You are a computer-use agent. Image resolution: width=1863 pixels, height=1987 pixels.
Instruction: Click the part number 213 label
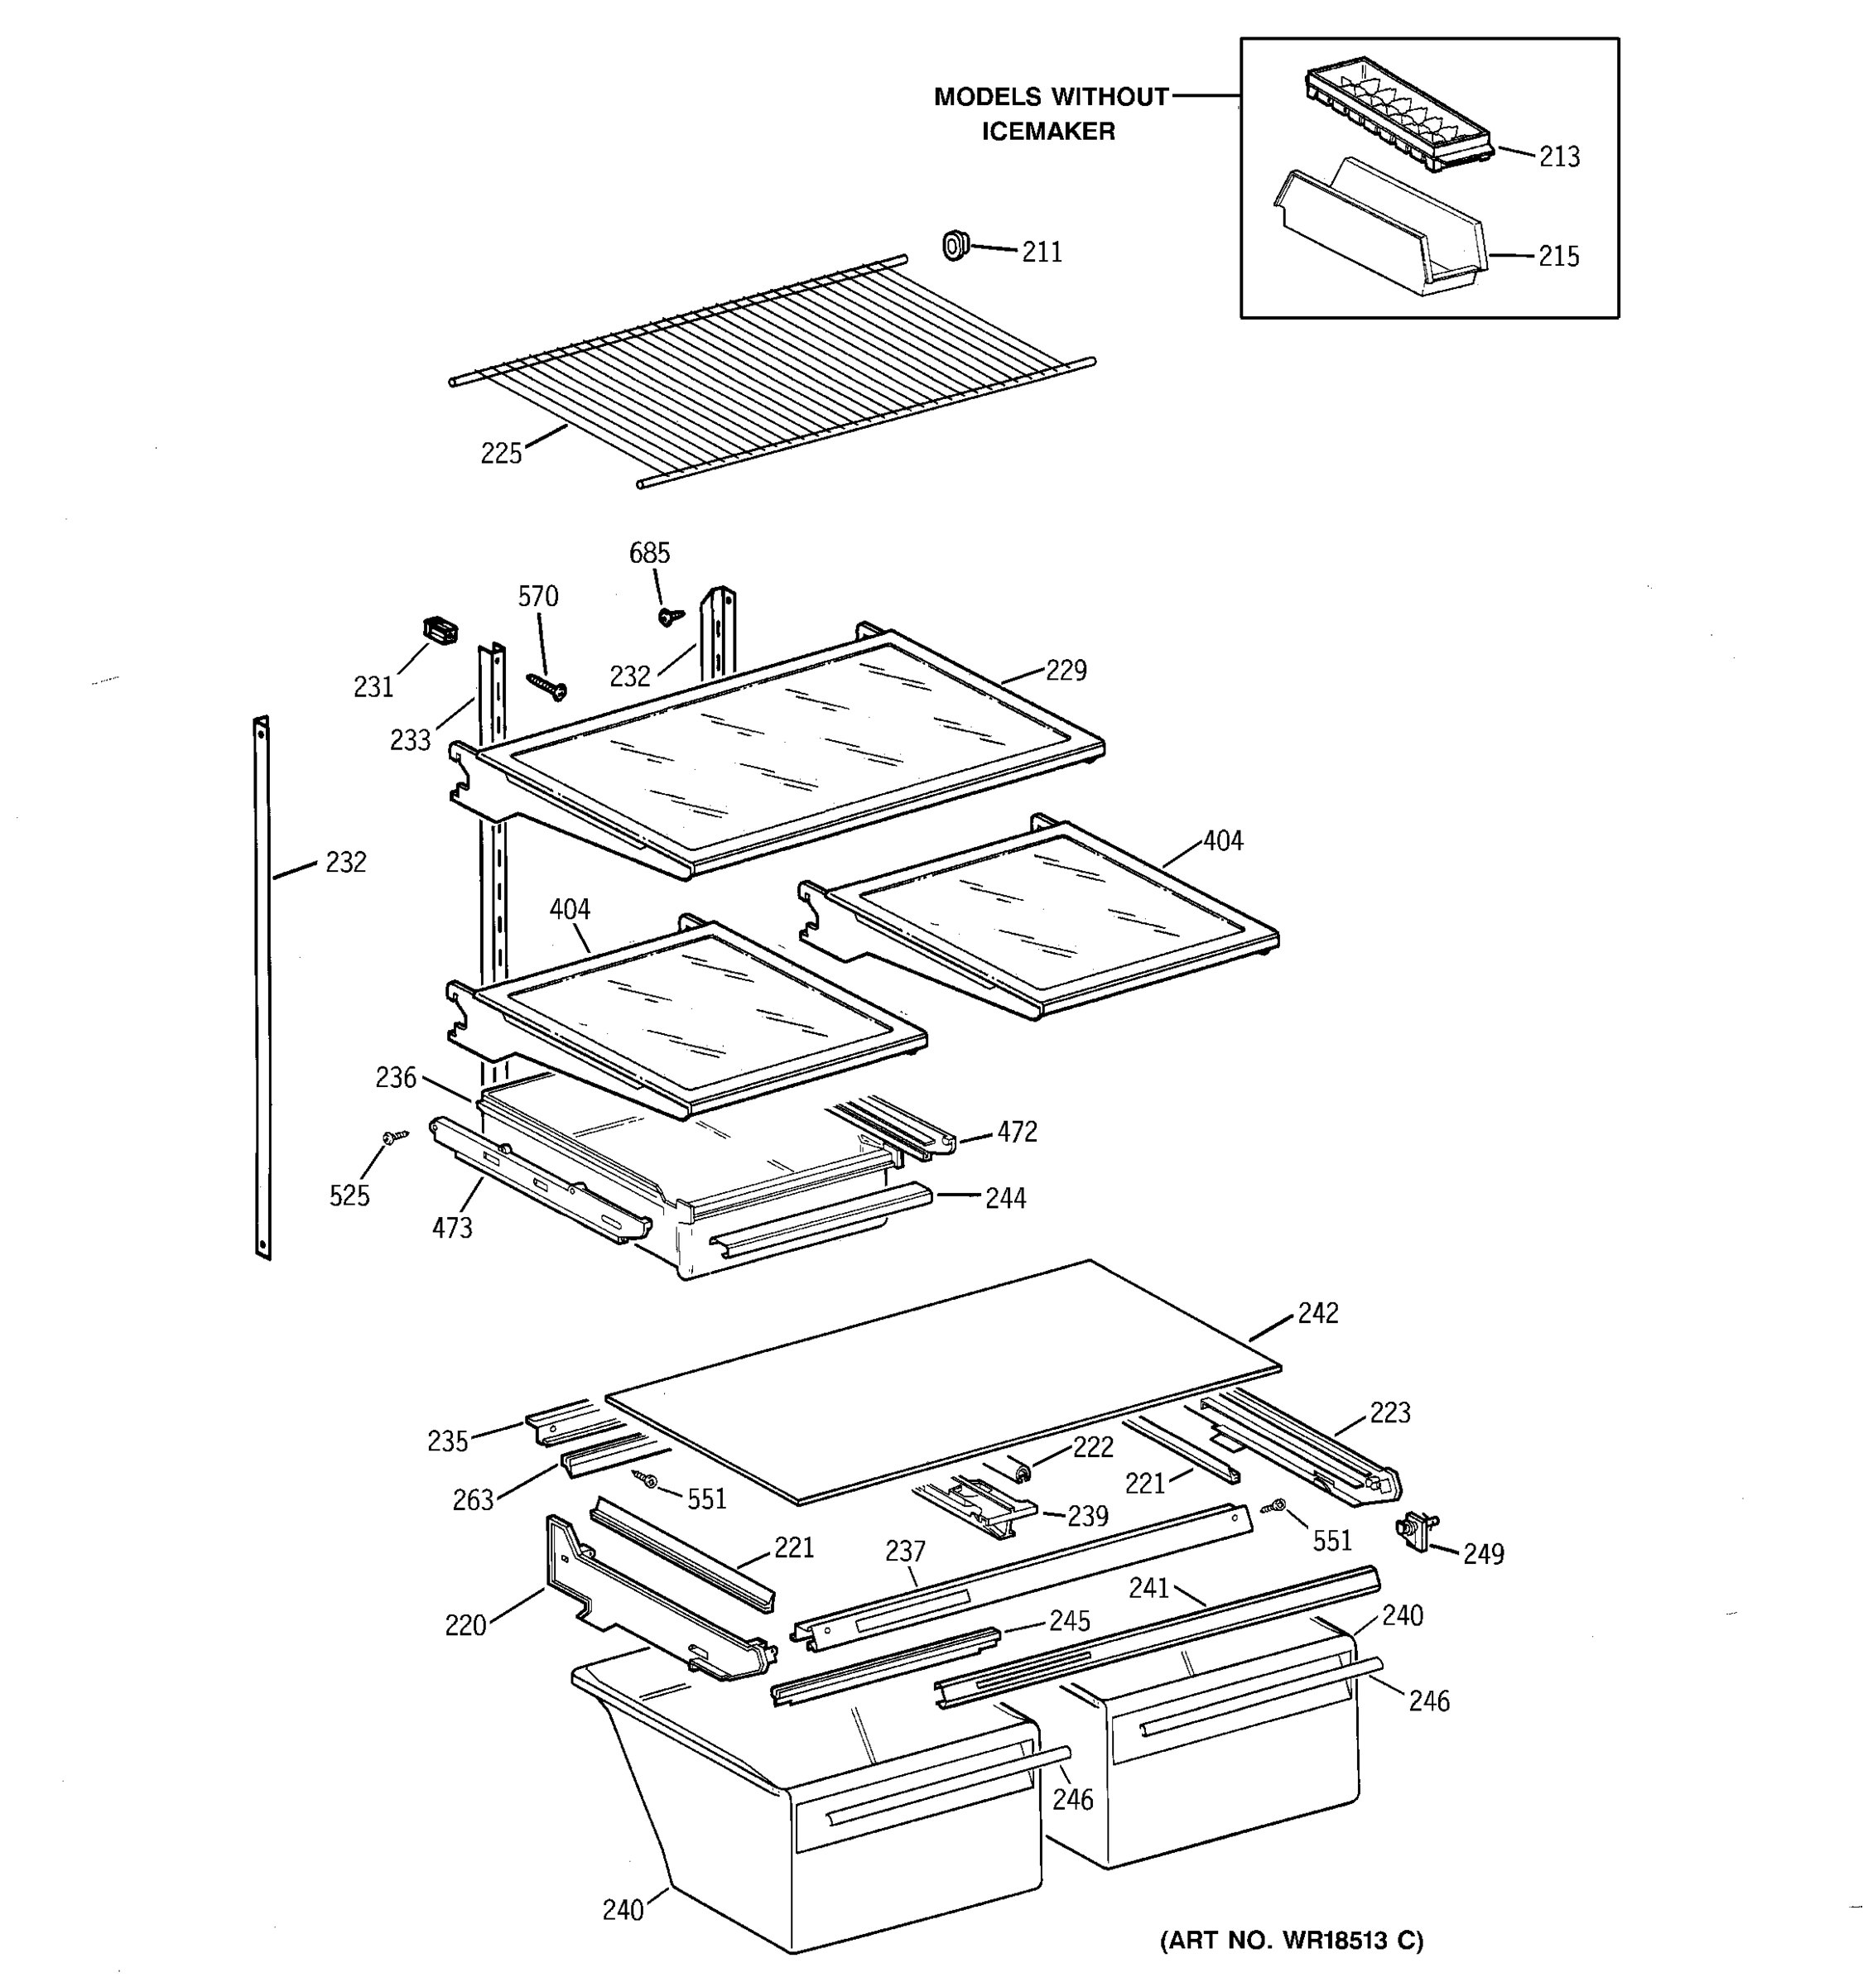pyautogui.click(x=1558, y=157)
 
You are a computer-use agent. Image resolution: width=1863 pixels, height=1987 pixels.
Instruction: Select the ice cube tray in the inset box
pyautogui.click(x=1398, y=115)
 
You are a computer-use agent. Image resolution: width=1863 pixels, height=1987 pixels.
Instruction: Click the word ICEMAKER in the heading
pyautogui.click(x=1047, y=131)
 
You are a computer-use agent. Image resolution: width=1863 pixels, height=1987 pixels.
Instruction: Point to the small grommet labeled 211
pyautogui.click(x=956, y=244)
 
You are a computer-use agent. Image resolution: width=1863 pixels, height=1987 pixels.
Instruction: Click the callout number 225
pyautogui.click(x=501, y=454)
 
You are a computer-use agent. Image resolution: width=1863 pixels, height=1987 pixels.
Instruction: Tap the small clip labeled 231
pyautogui.click(x=440, y=630)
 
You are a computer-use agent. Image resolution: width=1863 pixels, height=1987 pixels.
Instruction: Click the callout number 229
pyautogui.click(x=1066, y=670)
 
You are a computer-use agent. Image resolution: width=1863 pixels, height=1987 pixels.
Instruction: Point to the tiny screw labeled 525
pyautogui.click(x=395, y=1137)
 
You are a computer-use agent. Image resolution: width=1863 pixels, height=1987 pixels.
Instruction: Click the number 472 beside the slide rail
pyautogui.click(x=1017, y=1132)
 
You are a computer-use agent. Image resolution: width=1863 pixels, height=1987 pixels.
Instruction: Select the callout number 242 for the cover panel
pyautogui.click(x=1317, y=1312)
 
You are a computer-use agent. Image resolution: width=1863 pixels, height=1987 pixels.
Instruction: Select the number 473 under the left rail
pyautogui.click(x=452, y=1227)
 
